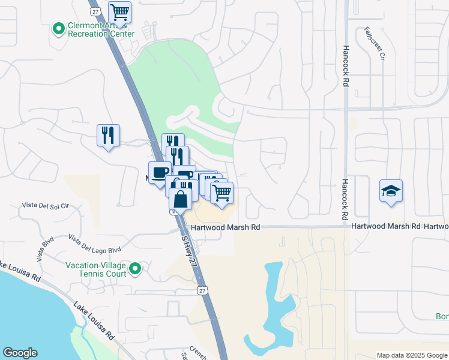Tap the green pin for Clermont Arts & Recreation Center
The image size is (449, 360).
tap(59, 28)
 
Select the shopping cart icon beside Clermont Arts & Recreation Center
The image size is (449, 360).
tap(120, 12)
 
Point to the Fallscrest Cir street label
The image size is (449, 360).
tap(375, 43)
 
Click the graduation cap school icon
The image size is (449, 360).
tap(391, 191)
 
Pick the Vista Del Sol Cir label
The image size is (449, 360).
tap(46, 205)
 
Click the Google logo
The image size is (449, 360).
tap(20, 353)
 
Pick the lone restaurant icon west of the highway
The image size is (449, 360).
tap(108, 136)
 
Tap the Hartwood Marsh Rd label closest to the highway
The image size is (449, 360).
tap(226, 227)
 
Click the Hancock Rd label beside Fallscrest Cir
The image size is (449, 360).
tap(346, 65)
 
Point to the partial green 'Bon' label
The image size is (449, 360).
tap(442, 316)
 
